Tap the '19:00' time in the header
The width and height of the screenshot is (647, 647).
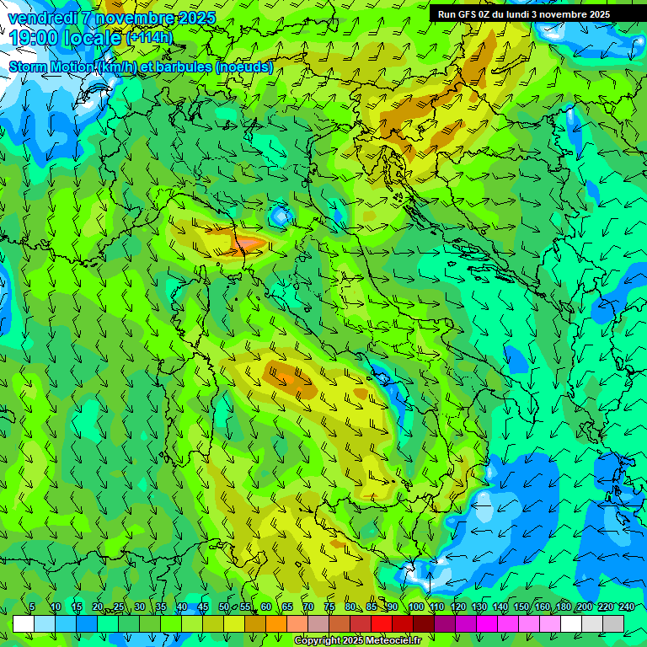click(x=36, y=38)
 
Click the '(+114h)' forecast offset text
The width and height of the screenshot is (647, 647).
click(x=149, y=38)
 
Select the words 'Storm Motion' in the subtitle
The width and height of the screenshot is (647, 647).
click(x=51, y=67)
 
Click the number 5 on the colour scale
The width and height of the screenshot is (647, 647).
click(x=32, y=607)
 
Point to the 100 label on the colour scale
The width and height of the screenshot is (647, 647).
click(x=415, y=607)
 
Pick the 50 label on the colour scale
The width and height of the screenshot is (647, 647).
click(x=224, y=607)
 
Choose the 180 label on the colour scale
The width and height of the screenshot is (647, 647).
click(x=563, y=607)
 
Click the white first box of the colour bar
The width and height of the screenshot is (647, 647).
click(x=23, y=623)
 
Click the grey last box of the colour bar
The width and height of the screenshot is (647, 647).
click(x=613, y=623)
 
